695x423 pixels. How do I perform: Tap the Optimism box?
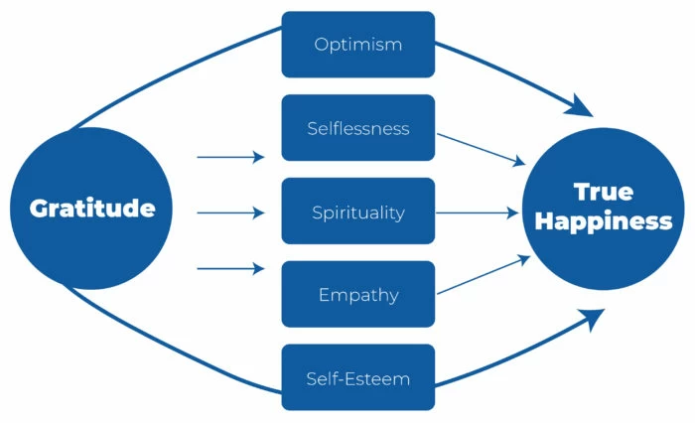[x=358, y=45]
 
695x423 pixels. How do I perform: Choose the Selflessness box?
[x=358, y=128]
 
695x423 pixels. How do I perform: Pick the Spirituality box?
[x=358, y=211]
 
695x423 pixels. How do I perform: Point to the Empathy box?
[x=358, y=295]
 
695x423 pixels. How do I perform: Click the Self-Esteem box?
[x=358, y=378]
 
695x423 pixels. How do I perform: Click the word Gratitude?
[x=91, y=210]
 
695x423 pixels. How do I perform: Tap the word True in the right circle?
[x=603, y=193]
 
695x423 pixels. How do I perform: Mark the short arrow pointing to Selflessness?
[x=231, y=157]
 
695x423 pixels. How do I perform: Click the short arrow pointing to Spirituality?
[x=231, y=212]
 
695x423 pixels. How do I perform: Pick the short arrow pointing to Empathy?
[x=231, y=268]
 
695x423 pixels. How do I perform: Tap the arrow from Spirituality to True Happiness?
[x=480, y=211]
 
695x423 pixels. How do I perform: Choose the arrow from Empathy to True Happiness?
[x=482, y=275]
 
